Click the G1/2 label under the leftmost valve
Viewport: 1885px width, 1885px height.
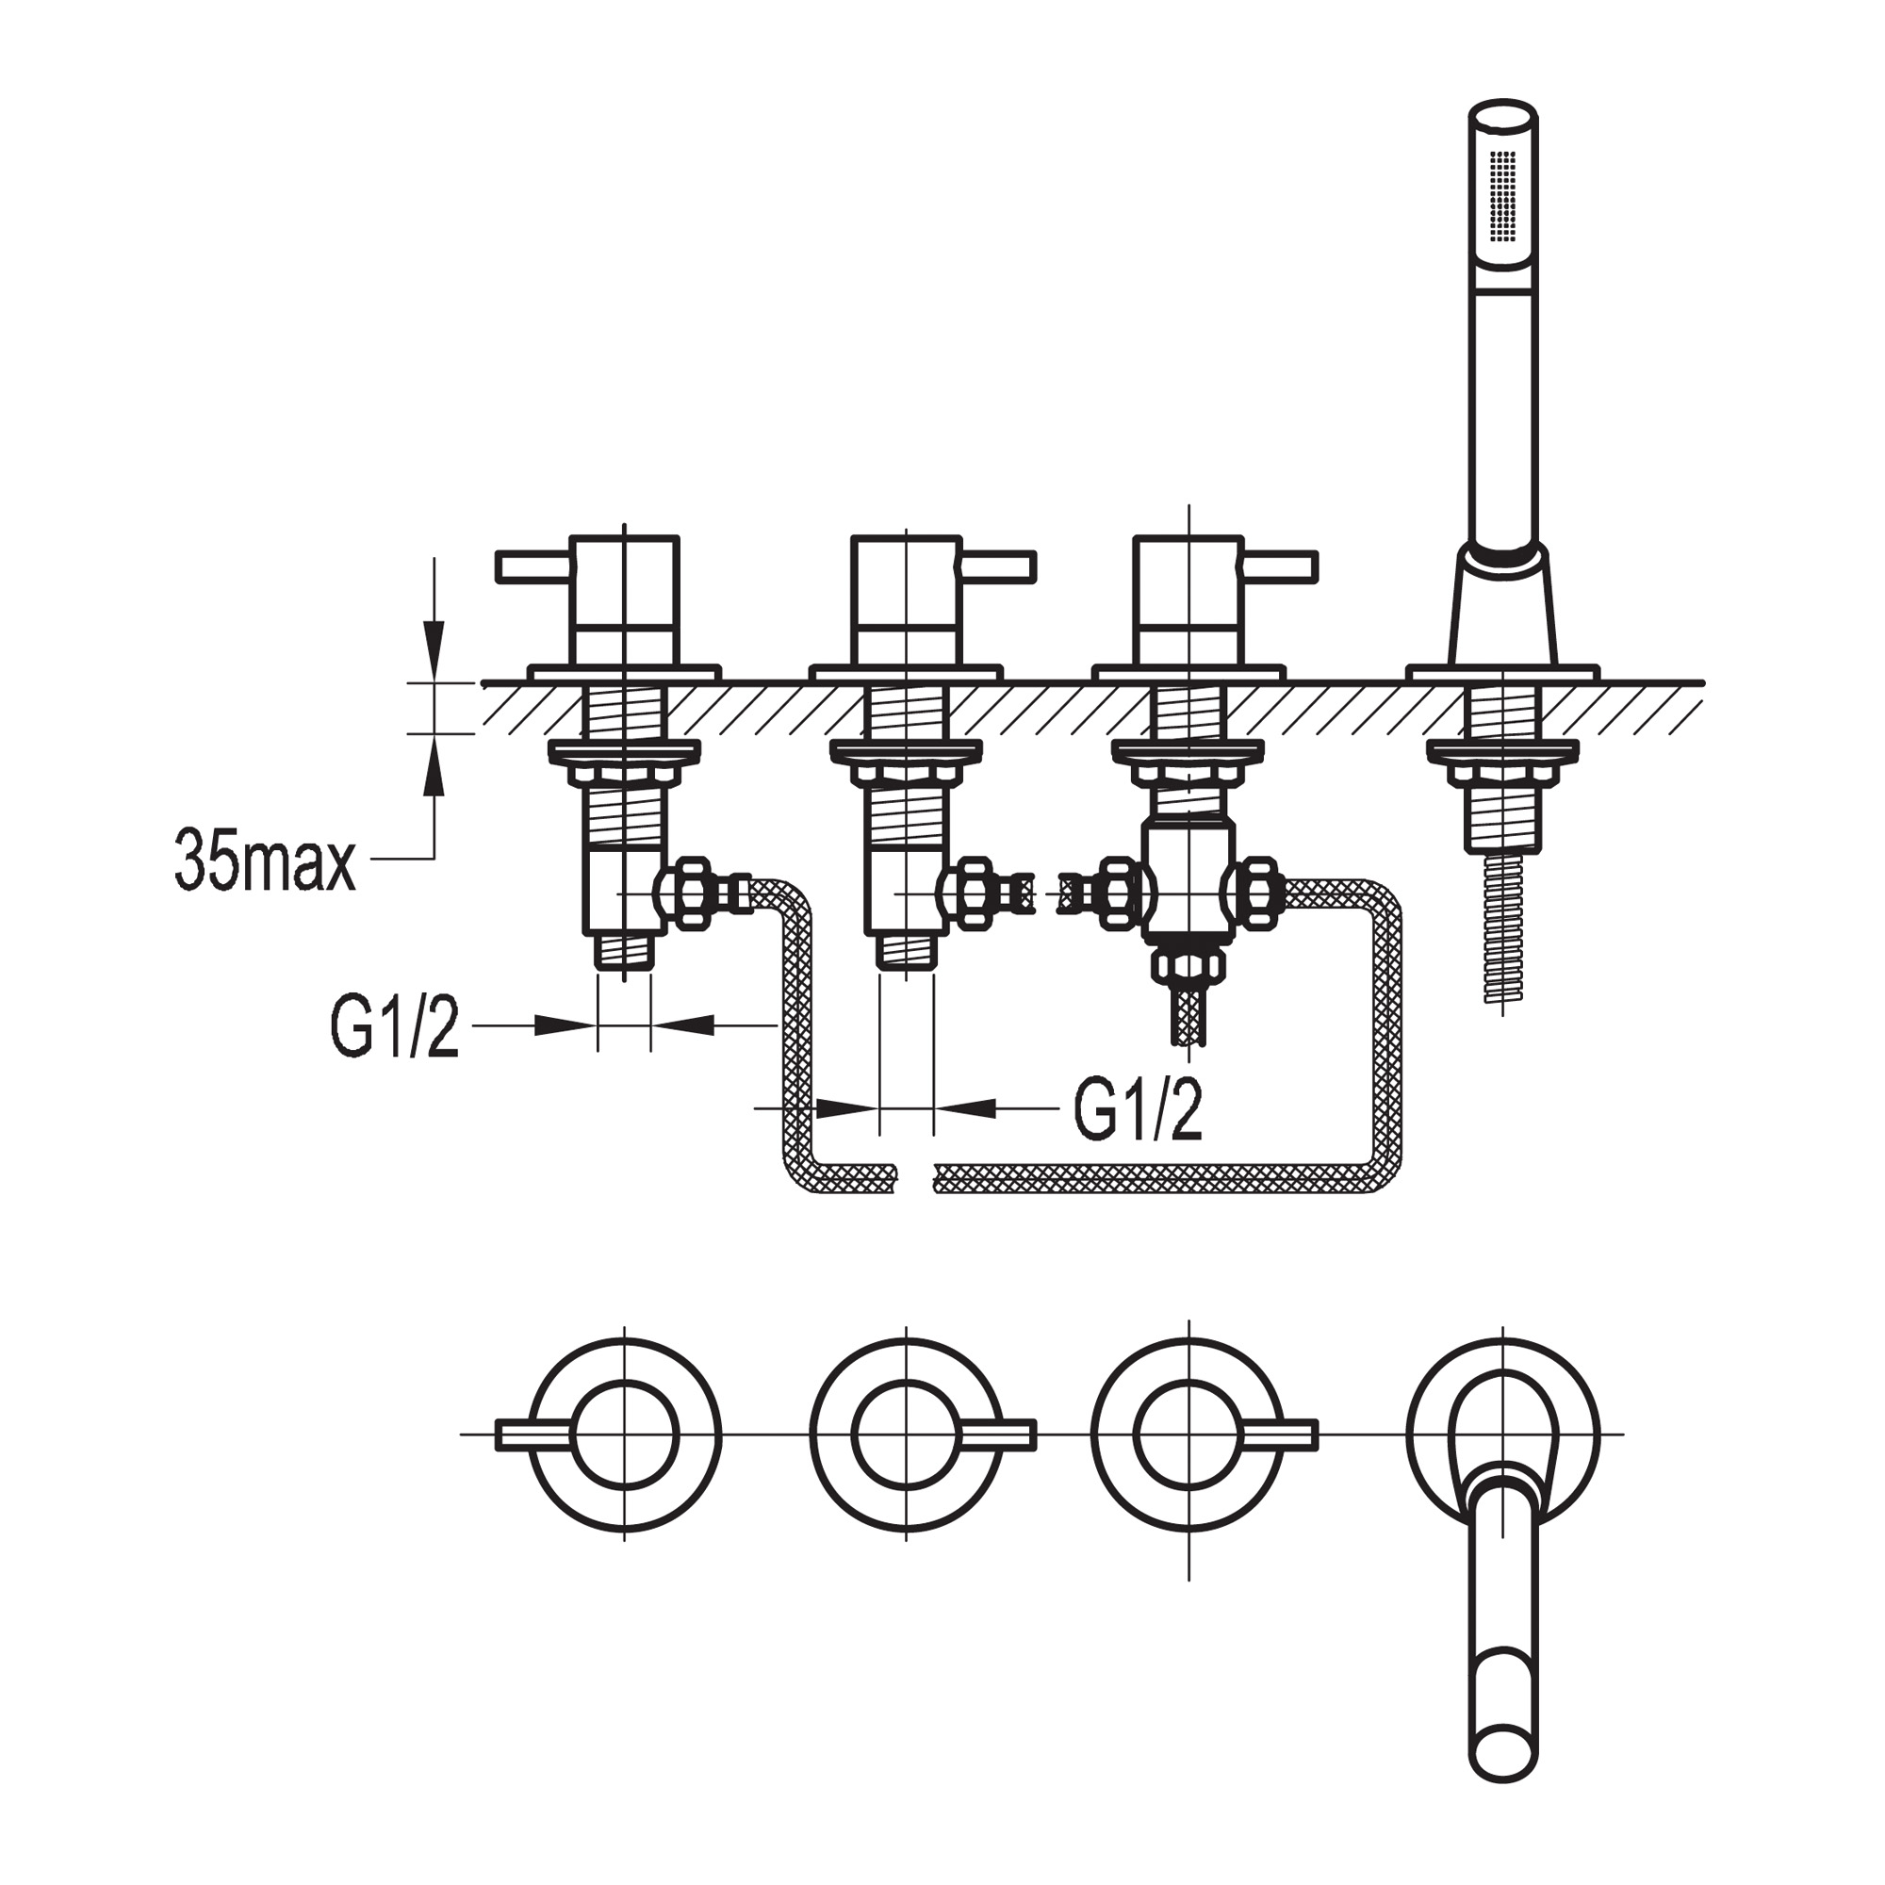pyautogui.click(x=395, y=1026)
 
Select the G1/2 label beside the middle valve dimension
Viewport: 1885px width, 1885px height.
pyautogui.click(x=1138, y=1110)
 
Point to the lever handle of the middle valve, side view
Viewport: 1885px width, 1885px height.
pyautogui.click(x=998, y=566)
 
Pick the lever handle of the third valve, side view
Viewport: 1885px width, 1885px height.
pyautogui.click(x=1280, y=566)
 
